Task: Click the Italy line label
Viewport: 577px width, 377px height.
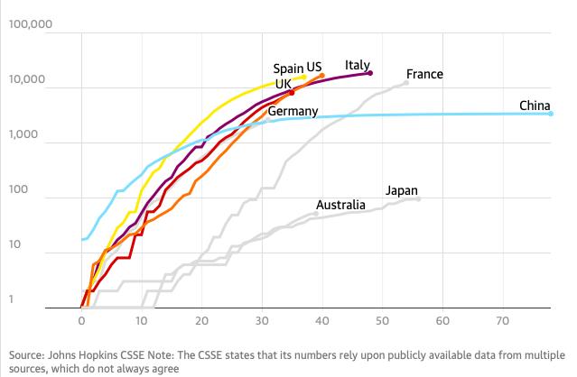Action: click(358, 65)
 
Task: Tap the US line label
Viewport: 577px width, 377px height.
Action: click(313, 68)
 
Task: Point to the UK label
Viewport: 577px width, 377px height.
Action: click(283, 83)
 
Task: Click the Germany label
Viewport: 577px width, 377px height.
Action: click(293, 112)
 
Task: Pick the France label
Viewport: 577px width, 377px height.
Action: click(424, 74)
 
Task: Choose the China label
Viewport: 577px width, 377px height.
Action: click(535, 106)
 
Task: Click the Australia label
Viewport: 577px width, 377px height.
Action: click(340, 205)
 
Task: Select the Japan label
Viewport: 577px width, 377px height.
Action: click(402, 190)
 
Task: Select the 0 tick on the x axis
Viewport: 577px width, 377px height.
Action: click(82, 320)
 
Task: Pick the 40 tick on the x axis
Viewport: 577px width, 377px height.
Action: click(322, 320)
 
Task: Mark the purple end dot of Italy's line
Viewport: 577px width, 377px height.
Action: click(370, 73)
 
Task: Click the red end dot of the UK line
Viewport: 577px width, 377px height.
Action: click(291, 92)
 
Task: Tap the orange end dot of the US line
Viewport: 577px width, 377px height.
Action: click(322, 76)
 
